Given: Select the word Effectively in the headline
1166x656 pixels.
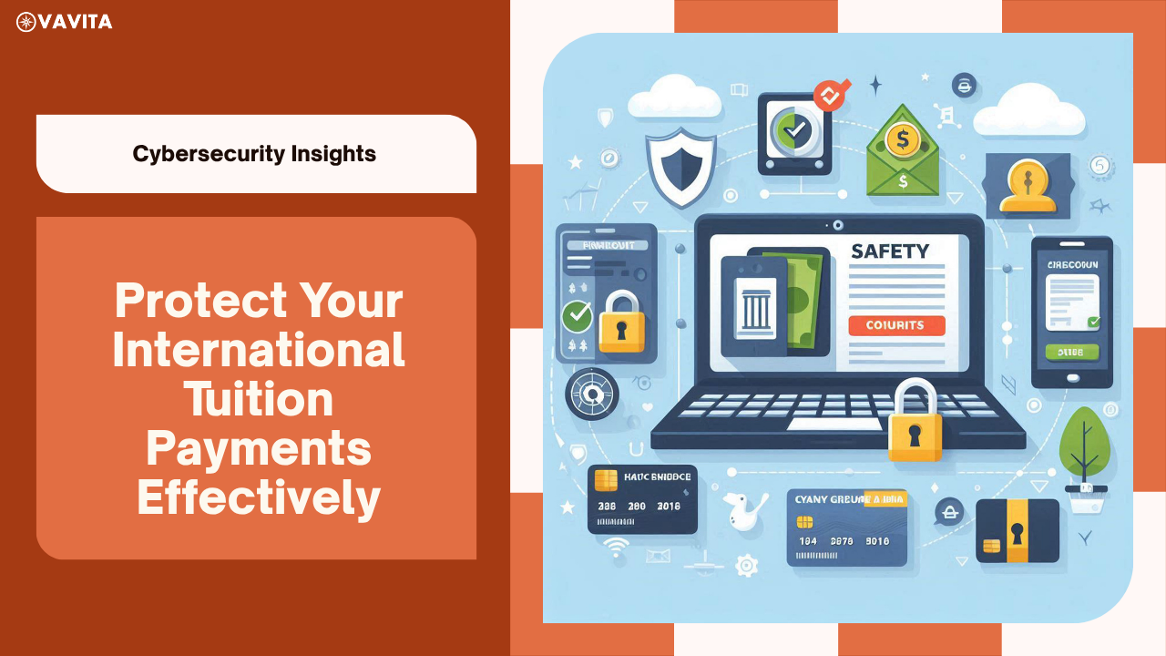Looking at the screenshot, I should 259,497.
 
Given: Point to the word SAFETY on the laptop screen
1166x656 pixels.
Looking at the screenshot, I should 889,251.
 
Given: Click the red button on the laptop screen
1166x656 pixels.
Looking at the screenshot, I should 896,325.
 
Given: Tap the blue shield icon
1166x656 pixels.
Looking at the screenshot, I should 680,165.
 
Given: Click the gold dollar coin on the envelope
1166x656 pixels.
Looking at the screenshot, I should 903,141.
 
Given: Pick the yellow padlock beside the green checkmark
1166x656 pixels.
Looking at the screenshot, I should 621,322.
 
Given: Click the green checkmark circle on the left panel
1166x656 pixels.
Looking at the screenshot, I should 576,317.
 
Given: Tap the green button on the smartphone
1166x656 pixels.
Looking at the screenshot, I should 1070,352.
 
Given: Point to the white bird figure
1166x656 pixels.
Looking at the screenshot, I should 742,512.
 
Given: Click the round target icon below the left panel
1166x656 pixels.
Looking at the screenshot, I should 592,395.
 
